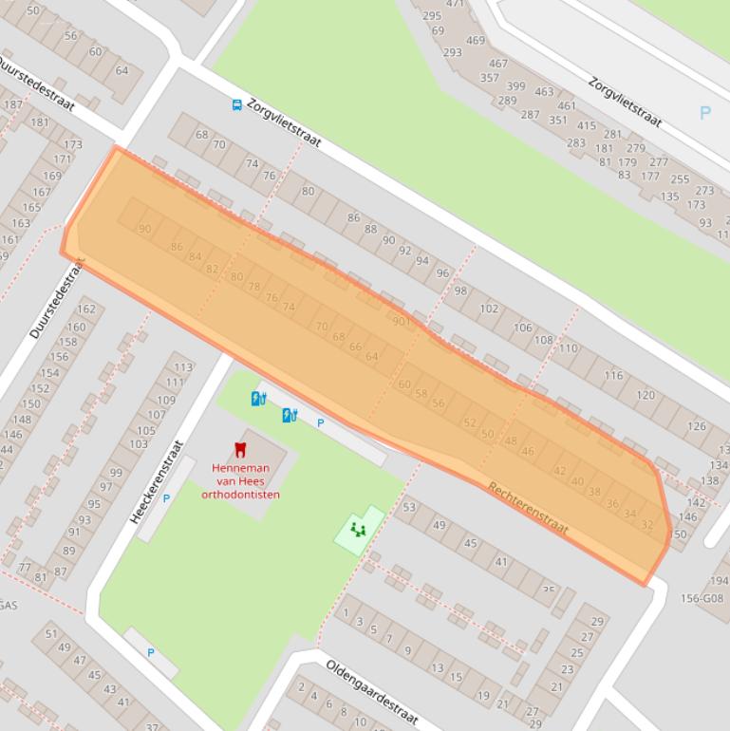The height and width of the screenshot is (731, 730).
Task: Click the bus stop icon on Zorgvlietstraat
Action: pyautogui.click(x=236, y=104)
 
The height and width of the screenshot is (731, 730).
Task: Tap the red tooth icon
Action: pyautogui.click(x=240, y=450)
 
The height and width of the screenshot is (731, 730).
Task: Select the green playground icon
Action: pyautogui.click(x=358, y=529)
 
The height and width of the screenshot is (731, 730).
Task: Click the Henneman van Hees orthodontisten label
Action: pyautogui.click(x=240, y=481)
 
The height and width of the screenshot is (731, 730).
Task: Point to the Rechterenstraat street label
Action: pyautogui.click(x=528, y=509)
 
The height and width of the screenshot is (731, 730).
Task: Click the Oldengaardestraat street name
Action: pyautogui.click(x=372, y=690)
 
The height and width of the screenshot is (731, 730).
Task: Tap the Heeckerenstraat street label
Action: pyautogui.click(x=156, y=482)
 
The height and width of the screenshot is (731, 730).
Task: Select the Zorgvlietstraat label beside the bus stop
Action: pyautogui.click(x=284, y=122)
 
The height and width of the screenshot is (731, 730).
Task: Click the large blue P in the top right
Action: pyautogui.click(x=704, y=113)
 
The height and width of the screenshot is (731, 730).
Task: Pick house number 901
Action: pyautogui.click(x=401, y=322)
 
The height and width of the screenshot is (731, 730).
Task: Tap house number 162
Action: pyautogui.click(x=86, y=309)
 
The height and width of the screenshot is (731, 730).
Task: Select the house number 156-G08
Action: pyautogui.click(x=702, y=598)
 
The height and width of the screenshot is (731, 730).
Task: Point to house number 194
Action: pyautogui.click(x=719, y=581)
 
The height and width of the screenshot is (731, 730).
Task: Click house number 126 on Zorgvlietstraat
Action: pyautogui.click(x=697, y=426)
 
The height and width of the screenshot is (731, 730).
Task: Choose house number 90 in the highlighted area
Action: pyautogui.click(x=144, y=229)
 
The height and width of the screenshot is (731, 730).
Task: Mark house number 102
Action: pyautogui.click(x=489, y=309)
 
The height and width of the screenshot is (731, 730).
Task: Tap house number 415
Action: pyautogui.click(x=586, y=125)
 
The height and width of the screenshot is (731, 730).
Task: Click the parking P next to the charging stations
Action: pyautogui.click(x=320, y=423)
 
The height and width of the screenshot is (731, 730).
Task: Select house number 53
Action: pyautogui.click(x=409, y=507)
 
